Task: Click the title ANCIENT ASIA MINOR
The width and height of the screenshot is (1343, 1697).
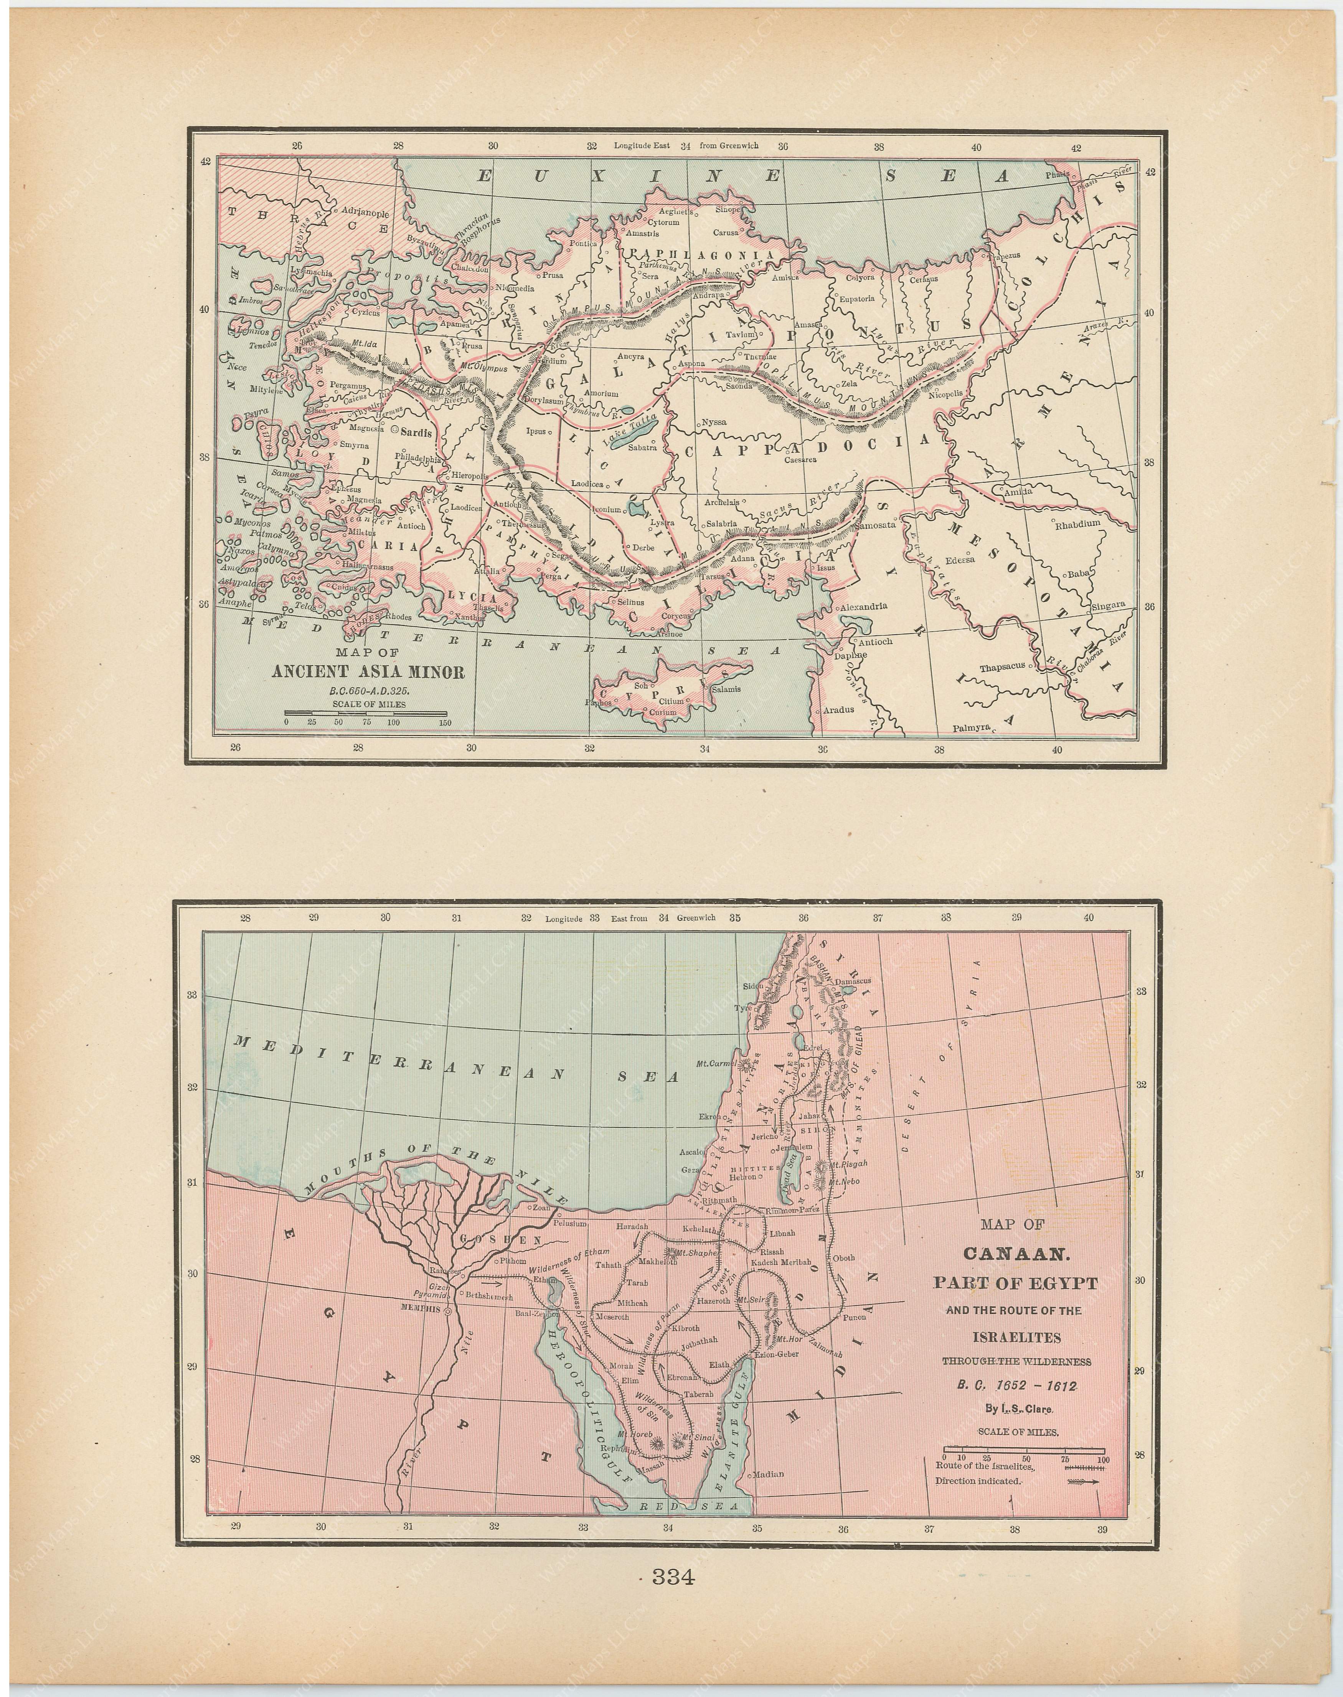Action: (368, 672)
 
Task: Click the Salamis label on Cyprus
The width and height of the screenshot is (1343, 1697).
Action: (726, 689)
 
